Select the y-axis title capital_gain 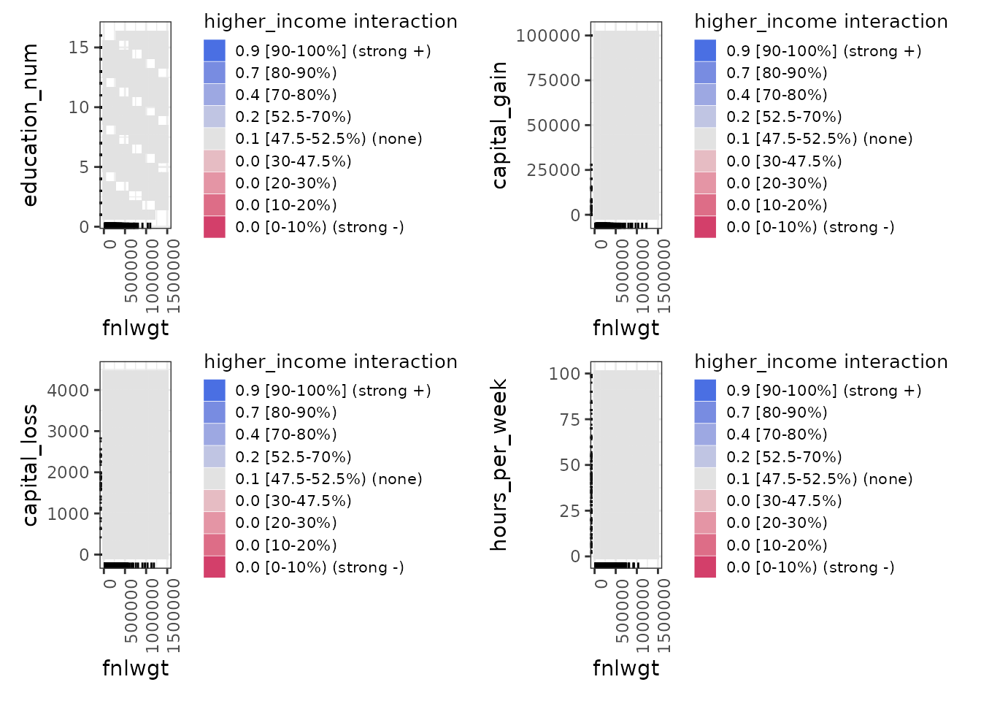499,124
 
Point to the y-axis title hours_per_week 499,464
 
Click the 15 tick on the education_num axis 78,47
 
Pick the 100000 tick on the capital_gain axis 547,35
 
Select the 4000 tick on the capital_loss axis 68,390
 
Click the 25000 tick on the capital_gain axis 553,169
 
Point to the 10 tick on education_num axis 78,107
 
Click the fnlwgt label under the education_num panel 135,328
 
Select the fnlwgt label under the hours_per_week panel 626,668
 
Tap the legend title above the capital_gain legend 821,22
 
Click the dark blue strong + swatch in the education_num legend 215,50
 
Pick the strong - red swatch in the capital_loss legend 215,567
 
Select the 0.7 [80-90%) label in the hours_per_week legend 777,413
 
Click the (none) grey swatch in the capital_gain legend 705,139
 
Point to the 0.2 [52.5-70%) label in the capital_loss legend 293,457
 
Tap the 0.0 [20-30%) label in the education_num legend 286,183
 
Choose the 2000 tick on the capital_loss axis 68,472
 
